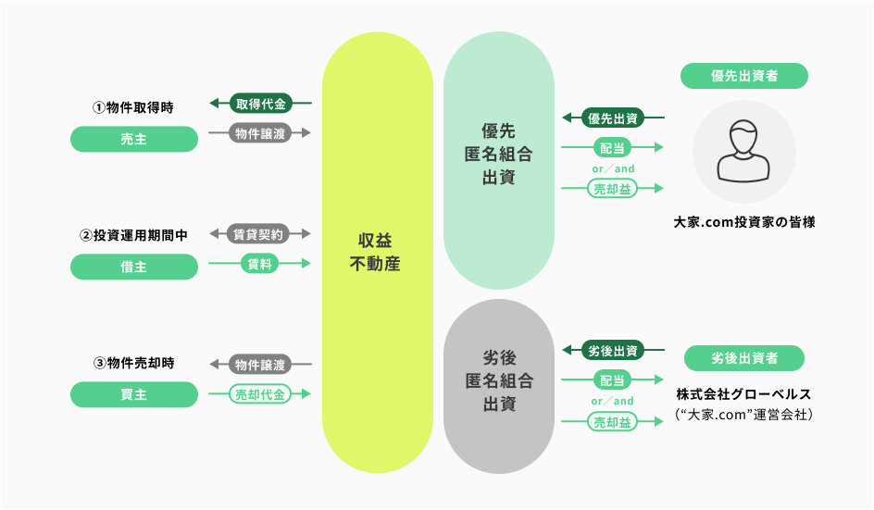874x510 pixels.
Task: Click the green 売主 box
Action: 134,139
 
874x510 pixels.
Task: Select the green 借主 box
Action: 134,267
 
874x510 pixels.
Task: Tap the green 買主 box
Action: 134,394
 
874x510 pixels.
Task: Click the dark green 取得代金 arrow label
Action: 260,104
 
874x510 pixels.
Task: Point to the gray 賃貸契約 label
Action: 260,233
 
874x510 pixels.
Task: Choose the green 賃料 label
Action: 260,264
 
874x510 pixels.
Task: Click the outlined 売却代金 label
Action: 260,393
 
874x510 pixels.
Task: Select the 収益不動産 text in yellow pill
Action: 376,250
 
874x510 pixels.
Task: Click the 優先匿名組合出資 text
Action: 498,154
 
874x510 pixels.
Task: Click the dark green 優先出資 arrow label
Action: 613,118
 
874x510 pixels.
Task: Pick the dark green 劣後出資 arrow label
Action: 613,351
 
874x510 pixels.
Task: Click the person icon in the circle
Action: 743,152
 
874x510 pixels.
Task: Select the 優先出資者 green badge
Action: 743,76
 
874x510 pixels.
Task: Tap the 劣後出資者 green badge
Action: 744,358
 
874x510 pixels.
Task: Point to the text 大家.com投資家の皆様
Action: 744,223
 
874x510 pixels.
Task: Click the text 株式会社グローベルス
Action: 744,394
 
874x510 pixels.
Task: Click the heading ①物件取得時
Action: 133,107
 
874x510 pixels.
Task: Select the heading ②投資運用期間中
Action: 133,236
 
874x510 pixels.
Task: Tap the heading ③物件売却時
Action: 133,363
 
